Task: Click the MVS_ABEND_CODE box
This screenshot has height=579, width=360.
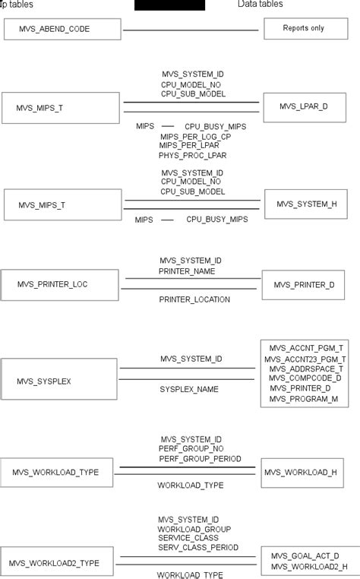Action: [x=62, y=30]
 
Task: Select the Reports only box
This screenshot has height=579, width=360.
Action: [x=304, y=29]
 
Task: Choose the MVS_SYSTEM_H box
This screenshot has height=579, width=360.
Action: [x=306, y=204]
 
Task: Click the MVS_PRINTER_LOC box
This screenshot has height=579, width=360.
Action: [x=59, y=284]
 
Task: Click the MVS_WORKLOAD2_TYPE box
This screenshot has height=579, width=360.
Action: [x=59, y=563]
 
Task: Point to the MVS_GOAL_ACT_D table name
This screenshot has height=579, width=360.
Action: [x=305, y=556]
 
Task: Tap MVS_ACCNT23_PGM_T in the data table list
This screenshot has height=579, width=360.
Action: [x=305, y=359]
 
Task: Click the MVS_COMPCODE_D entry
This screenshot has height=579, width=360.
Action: [x=305, y=378]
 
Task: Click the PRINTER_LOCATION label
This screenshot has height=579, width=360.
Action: [x=194, y=299]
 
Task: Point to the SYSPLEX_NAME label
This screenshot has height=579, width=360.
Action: [x=189, y=389]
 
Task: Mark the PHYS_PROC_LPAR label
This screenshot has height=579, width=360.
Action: [x=193, y=155]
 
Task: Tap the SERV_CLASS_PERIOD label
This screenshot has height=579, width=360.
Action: [x=198, y=547]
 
